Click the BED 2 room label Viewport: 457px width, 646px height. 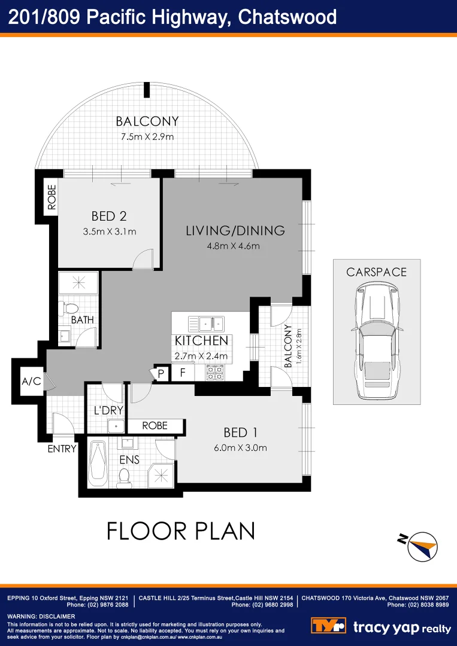pyautogui.click(x=109, y=216)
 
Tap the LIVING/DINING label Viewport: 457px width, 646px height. pyautogui.click(x=235, y=231)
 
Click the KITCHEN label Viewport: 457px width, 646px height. pyautogui.click(x=201, y=341)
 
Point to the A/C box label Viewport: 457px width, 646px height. pyautogui.click(x=31, y=381)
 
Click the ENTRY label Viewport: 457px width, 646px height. pyautogui.click(x=62, y=449)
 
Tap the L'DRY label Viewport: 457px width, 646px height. pyautogui.click(x=108, y=411)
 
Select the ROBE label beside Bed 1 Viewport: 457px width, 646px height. pyautogui.click(x=155, y=426)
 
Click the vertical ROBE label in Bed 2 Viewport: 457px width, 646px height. pyautogui.click(x=52, y=197)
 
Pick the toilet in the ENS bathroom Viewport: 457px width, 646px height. pyautogui.click(x=125, y=476)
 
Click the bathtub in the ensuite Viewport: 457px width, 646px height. pyautogui.click(x=96, y=464)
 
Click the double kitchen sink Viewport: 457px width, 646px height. pyautogui.click(x=207, y=324)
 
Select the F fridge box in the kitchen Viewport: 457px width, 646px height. pyautogui.click(x=183, y=373)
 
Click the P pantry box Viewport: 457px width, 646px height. pyautogui.click(x=161, y=373)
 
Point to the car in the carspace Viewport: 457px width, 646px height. pyautogui.click(x=376, y=342)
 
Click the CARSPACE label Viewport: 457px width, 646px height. pyautogui.click(x=376, y=272)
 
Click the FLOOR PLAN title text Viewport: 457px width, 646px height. pyautogui.click(x=181, y=531)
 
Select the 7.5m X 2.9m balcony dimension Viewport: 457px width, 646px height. pyautogui.click(x=147, y=136)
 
